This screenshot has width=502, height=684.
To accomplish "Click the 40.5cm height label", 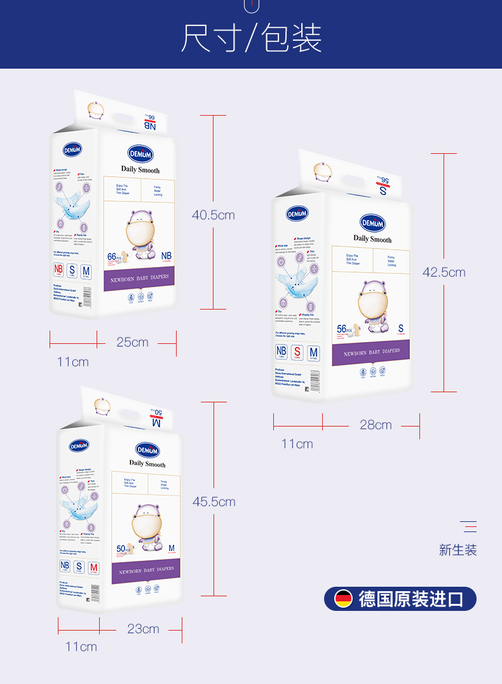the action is [x=214, y=215].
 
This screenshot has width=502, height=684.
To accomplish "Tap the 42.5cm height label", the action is [x=444, y=272].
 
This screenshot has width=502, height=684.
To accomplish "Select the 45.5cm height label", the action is [x=214, y=502].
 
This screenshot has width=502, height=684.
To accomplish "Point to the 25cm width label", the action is [x=132, y=342].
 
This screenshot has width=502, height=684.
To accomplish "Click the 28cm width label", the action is [x=376, y=425].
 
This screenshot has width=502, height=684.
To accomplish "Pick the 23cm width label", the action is [x=143, y=629].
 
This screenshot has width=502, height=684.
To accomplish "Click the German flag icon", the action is [x=344, y=599].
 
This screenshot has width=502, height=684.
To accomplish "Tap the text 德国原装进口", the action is [x=411, y=599].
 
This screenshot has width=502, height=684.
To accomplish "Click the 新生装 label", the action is [x=458, y=550].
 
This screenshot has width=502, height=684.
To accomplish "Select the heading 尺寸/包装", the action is [x=252, y=38].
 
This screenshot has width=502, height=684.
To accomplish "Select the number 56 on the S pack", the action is [x=342, y=329].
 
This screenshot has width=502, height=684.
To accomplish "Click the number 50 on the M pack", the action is [x=121, y=549].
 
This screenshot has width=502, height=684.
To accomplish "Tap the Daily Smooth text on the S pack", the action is [x=372, y=239].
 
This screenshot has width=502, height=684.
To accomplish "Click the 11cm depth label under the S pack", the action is [x=297, y=444].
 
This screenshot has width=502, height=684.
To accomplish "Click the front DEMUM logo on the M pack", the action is [x=147, y=449].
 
